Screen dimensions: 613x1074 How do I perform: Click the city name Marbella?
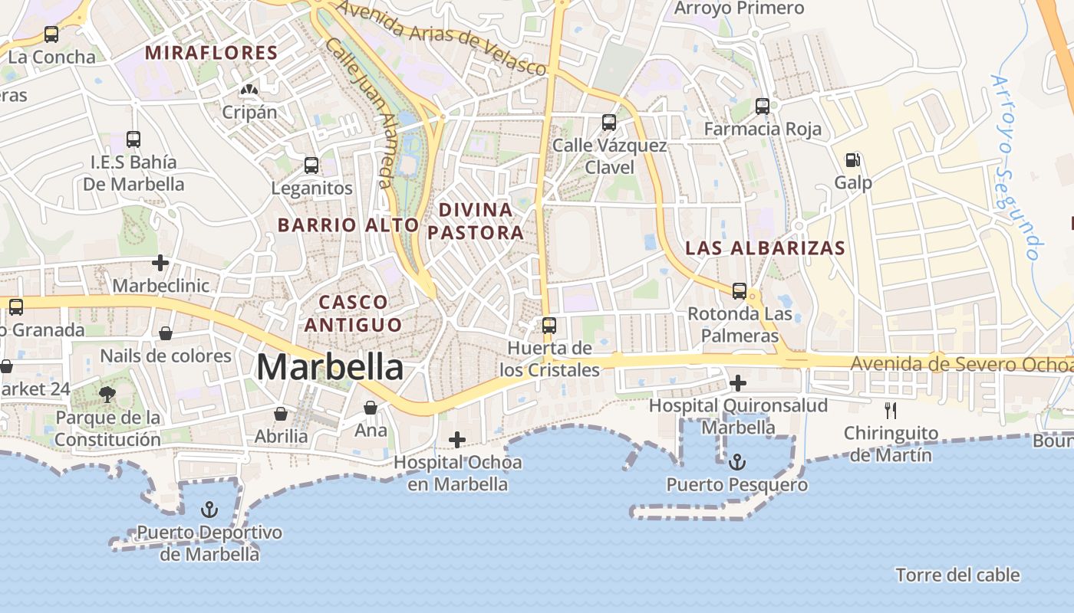330,367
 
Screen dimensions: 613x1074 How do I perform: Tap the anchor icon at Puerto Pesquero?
736,462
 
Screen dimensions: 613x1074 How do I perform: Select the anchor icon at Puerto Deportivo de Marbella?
209,510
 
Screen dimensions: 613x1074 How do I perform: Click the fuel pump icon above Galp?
852,160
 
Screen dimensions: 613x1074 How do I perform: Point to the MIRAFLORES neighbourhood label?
211,53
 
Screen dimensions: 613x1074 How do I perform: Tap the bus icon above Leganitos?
311,165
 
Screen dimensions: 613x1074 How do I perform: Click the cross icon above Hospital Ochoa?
457,439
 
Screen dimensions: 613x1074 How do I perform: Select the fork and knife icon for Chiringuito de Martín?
890,411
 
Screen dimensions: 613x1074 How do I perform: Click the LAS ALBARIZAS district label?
765,248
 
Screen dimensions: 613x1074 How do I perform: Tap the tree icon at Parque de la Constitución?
107,395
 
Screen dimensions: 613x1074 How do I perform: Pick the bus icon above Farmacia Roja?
762,107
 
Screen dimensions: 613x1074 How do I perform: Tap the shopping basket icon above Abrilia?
281,414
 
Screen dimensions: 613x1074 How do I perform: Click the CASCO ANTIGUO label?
353,313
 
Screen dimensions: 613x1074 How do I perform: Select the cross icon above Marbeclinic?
160,263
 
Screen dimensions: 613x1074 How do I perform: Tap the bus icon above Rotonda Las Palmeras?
740,290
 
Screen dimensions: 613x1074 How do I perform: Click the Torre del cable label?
957,575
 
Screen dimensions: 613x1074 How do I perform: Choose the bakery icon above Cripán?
249,90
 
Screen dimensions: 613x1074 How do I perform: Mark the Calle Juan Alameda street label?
361,112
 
